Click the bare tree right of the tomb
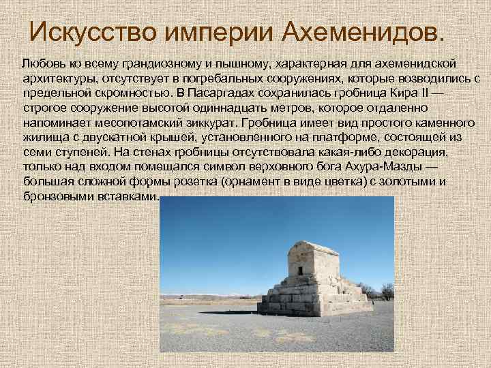[x=386, y=292]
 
